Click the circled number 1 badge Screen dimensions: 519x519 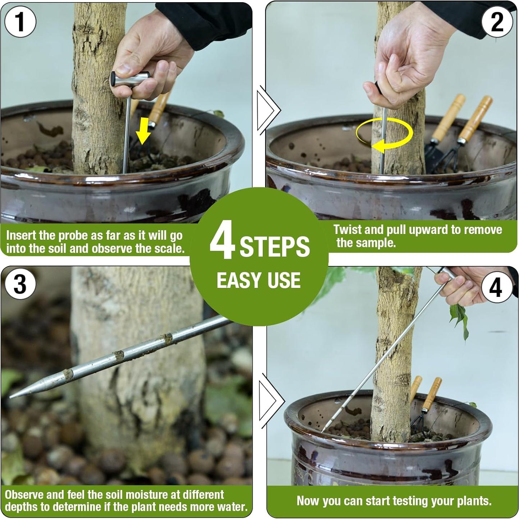click(20, 21)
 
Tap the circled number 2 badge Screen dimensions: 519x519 click(497, 22)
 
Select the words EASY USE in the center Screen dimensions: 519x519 click(258, 280)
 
